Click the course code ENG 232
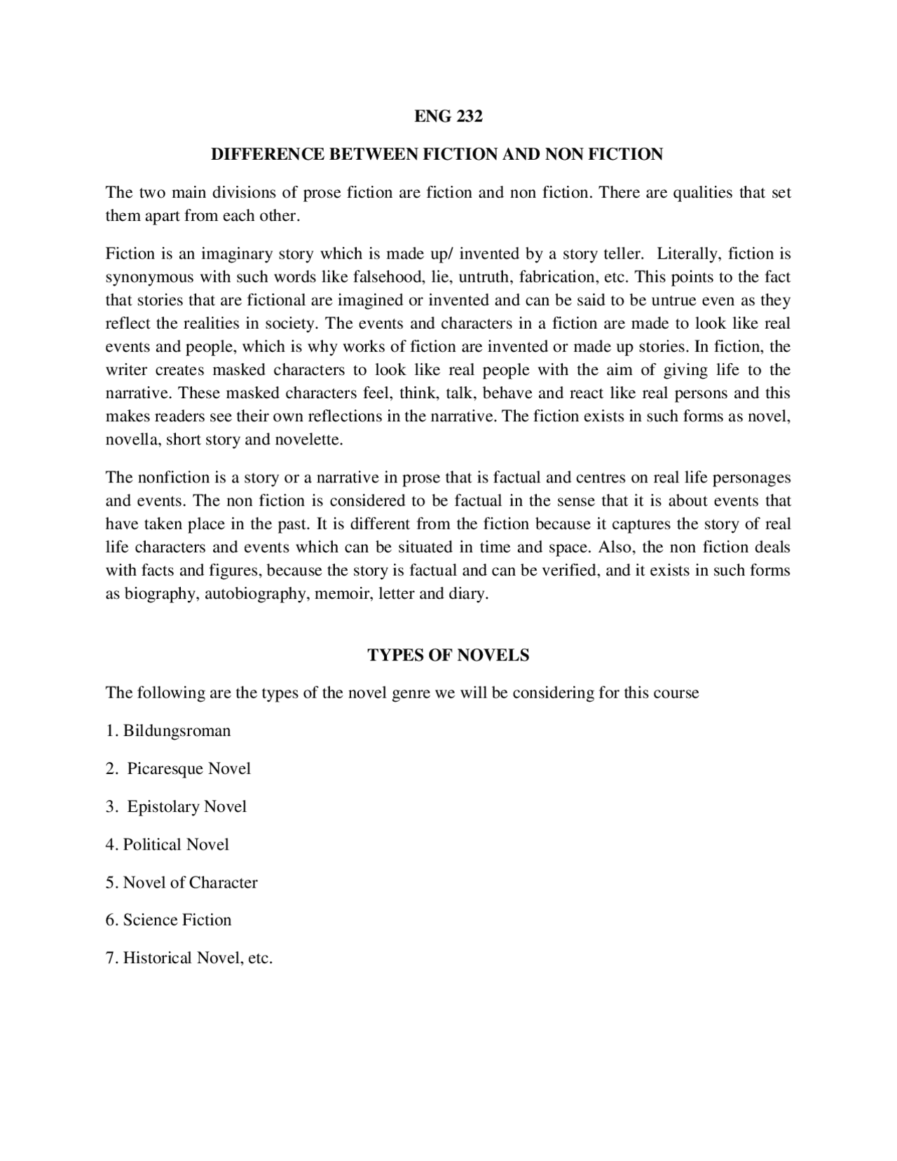(x=448, y=116)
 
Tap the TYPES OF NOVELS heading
(x=448, y=655)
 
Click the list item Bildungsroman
(x=177, y=731)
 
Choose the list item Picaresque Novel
(x=189, y=768)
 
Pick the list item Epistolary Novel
(x=186, y=806)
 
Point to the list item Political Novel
(x=176, y=844)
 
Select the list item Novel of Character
(x=190, y=882)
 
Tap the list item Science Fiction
(x=177, y=920)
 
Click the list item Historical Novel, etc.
(x=197, y=958)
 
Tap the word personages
(x=752, y=477)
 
